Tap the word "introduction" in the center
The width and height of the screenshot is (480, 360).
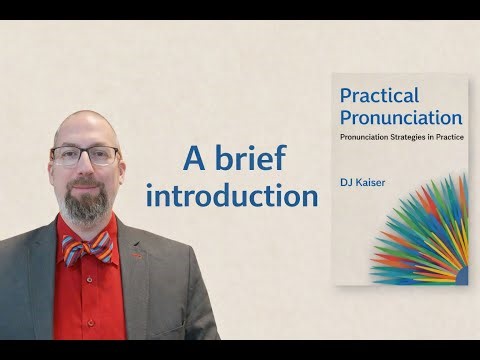(x=231, y=195)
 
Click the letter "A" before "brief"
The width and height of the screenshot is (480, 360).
(x=192, y=158)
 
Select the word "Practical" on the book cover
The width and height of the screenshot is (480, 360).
(x=380, y=95)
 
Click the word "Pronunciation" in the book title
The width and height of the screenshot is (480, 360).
(x=400, y=117)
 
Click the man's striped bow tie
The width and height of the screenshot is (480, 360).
(x=86, y=247)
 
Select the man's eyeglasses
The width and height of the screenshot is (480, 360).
(x=85, y=155)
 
